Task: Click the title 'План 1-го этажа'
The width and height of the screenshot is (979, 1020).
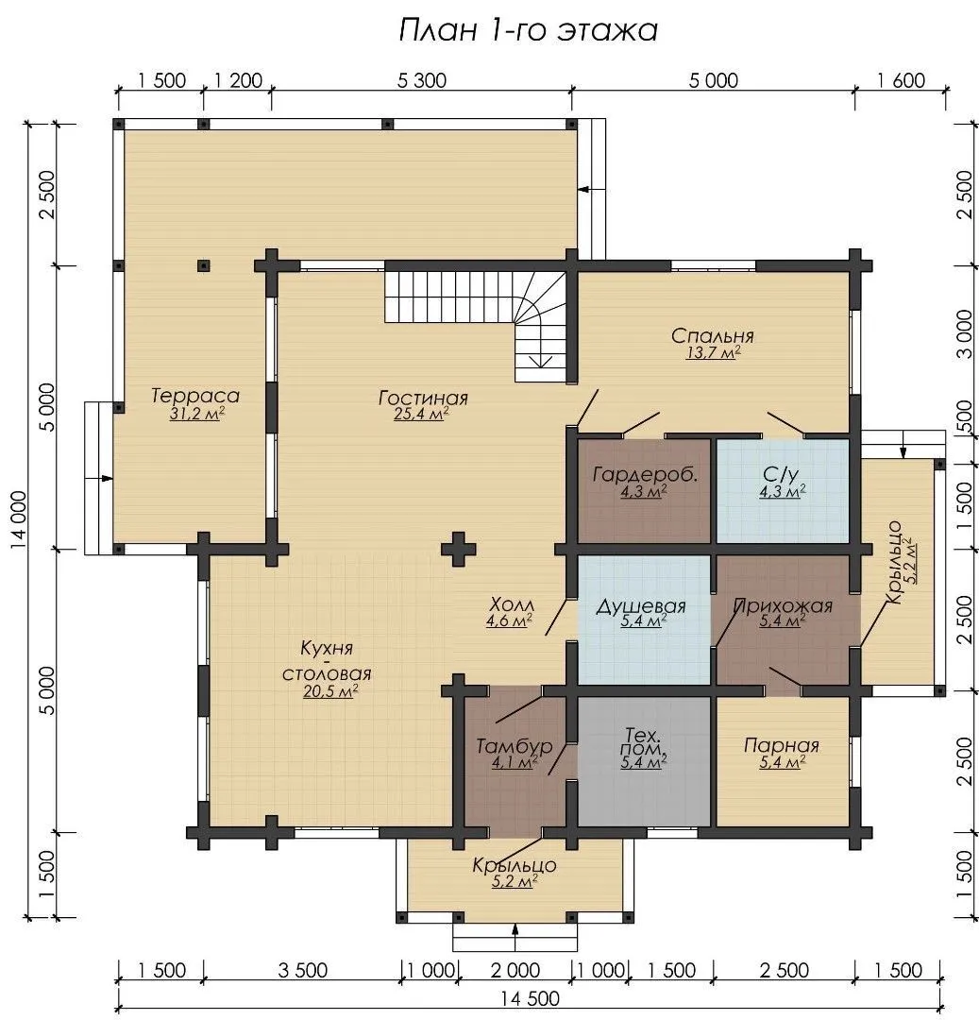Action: pyautogui.click(x=528, y=30)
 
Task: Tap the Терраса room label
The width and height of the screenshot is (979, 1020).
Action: pyautogui.click(x=195, y=396)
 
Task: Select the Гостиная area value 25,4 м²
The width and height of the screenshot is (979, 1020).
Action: pyautogui.click(x=422, y=414)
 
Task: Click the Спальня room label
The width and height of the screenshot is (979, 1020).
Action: pyautogui.click(x=713, y=335)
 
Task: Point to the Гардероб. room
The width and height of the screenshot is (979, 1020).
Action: pyautogui.click(x=644, y=490)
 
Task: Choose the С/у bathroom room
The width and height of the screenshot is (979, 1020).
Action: pyautogui.click(x=783, y=490)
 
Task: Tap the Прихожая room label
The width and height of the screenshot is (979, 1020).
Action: pyautogui.click(x=783, y=605)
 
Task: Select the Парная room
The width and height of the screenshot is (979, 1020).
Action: pyautogui.click(x=783, y=761)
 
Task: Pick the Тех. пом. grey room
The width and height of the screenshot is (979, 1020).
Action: pyautogui.click(x=644, y=761)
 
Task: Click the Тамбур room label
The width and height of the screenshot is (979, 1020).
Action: pyautogui.click(x=515, y=746)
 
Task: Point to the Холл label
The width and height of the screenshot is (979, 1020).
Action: pyautogui.click(x=512, y=605)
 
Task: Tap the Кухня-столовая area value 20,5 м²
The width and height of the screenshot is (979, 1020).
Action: pyautogui.click(x=330, y=691)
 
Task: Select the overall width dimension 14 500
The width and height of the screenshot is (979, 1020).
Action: pyautogui.click(x=531, y=998)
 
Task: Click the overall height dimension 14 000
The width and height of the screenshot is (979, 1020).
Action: pyautogui.click(x=19, y=520)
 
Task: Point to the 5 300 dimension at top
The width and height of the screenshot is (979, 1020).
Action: pyautogui.click(x=422, y=80)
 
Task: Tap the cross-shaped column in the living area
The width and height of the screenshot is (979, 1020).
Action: pyautogui.click(x=458, y=549)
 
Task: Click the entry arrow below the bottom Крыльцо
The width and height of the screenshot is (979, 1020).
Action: pyautogui.click(x=515, y=938)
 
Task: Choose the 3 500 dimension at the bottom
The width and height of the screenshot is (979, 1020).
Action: pyautogui.click(x=302, y=971)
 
